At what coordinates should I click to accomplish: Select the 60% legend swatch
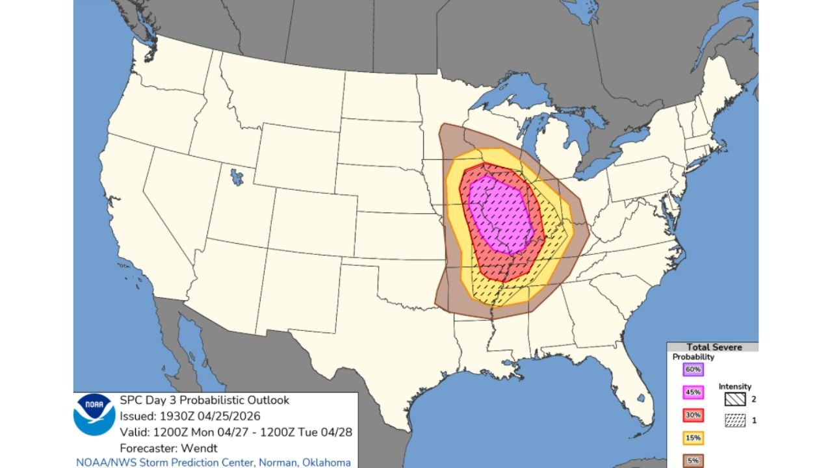pos(693,369)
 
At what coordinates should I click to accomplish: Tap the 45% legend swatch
pos(693,393)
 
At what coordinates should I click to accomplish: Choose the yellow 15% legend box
pos(693,439)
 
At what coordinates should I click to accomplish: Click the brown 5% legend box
pos(693,461)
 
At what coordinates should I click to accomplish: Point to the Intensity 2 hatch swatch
pos(735,399)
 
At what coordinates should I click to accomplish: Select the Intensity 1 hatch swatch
pos(735,421)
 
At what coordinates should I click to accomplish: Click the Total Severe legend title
pos(714,347)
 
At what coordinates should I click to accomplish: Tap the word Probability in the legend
pos(693,357)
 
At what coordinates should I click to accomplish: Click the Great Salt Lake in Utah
pos(237,176)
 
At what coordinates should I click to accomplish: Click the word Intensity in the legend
pos(734,387)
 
